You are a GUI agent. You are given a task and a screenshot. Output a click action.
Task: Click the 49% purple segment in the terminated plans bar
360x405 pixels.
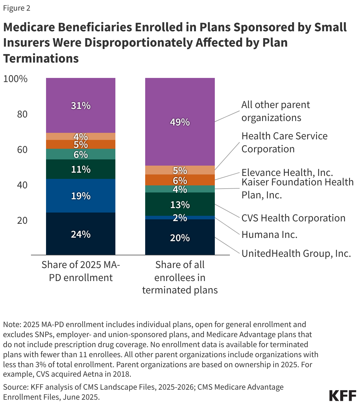pos(180,122)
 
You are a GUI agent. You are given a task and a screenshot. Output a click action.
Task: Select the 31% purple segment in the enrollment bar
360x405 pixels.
pos(81,105)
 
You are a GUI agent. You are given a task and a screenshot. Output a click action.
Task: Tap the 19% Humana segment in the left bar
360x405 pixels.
pos(81,195)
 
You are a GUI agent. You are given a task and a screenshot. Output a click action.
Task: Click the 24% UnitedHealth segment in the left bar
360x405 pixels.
pos(81,234)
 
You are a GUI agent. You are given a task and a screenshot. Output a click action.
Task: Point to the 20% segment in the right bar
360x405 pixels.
pos(180,237)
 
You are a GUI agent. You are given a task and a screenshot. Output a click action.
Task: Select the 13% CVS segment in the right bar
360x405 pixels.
pos(180,204)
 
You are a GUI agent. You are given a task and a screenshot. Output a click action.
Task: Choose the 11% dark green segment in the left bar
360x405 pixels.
pos(81,169)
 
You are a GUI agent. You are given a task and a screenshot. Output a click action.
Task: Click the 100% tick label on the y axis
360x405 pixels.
pos(15,79)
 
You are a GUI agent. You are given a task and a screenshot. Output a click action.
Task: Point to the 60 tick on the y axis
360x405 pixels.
pos(22,150)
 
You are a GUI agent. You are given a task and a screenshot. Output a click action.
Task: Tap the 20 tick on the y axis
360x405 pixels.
pos(22,221)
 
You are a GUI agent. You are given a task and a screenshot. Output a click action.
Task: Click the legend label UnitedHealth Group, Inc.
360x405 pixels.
pos(296,253)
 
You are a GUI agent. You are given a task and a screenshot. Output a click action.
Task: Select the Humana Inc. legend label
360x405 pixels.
pos(269,234)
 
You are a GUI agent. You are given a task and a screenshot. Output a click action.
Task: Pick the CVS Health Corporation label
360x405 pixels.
pos(293,218)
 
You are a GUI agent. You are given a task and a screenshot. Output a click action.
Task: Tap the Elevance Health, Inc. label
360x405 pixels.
pos(287,172)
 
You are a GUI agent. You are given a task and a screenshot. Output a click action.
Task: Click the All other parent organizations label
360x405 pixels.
pos(276,111)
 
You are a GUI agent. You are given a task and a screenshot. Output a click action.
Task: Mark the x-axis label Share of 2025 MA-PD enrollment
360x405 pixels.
pos(81,271)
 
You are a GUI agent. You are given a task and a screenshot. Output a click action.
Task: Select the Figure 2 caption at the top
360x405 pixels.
pos(17,8)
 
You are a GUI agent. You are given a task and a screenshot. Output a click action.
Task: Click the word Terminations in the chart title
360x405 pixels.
pos(41,58)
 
